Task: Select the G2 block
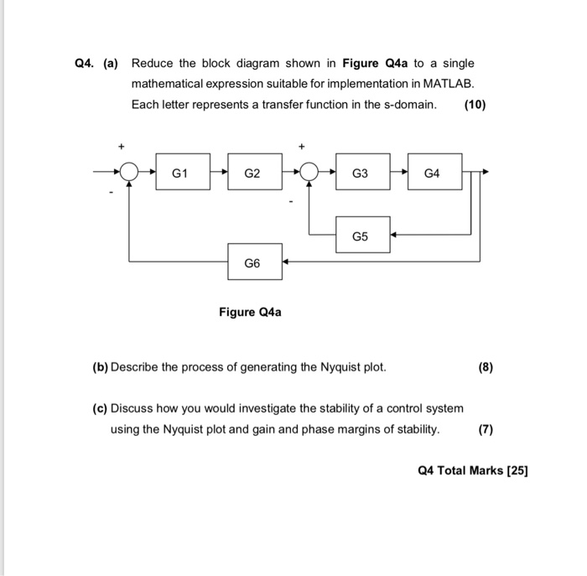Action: [x=253, y=174]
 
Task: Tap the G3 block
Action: [x=361, y=174]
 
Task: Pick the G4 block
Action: [x=434, y=174]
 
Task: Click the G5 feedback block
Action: [x=361, y=236]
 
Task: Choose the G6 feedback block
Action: [x=253, y=262]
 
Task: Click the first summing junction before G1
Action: [x=128, y=174]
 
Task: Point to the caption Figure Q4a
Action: [x=250, y=313]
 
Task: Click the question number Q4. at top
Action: [x=84, y=64]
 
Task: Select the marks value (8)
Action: [x=486, y=366]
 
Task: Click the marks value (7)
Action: [x=486, y=429]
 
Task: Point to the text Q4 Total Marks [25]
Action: [x=472, y=470]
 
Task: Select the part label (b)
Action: [x=101, y=366]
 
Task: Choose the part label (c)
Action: [x=101, y=408]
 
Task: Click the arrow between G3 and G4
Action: [x=398, y=174]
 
